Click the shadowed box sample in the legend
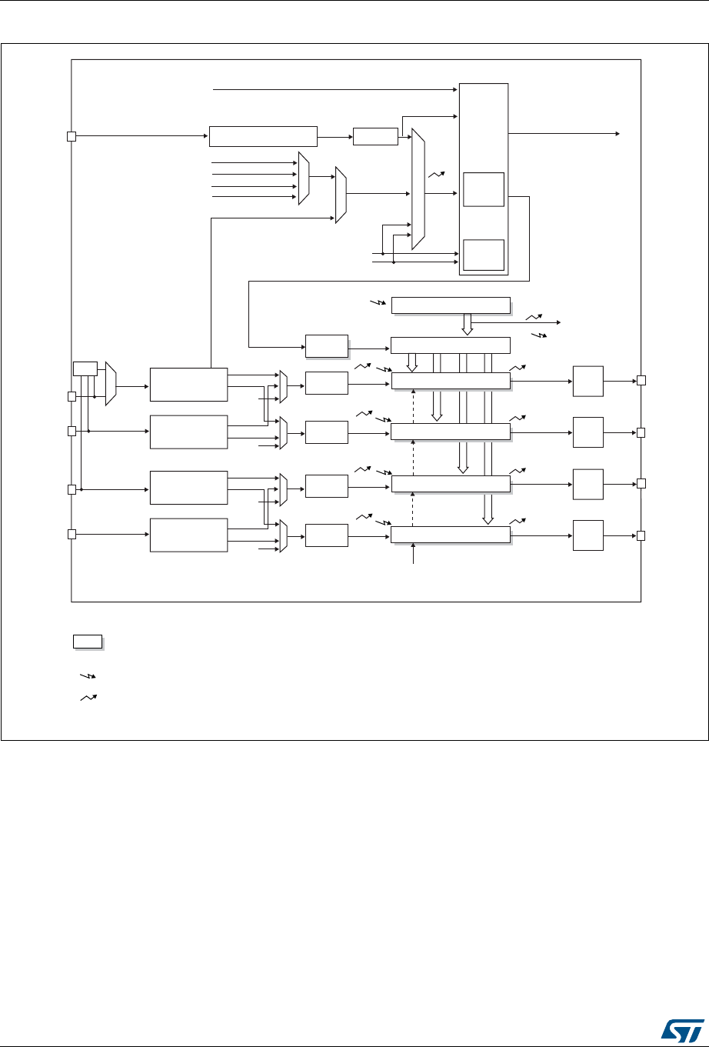pyautogui.click(x=87, y=641)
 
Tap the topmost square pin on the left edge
pyautogui.click(x=71, y=137)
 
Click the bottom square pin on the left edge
pyautogui.click(x=71, y=534)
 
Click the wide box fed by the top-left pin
pyautogui.click(x=263, y=135)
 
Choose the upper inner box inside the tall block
pyautogui.click(x=483, y=189)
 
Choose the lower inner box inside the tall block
pyautogui.click(x=483, y=255)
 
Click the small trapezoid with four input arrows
pyautogui.click(x=304, y=178)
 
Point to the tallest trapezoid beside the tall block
pyautogui.click(x=418, y=189)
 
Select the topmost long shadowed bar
pyautogui.click(x=450, y=305)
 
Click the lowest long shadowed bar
pyautogui.click(x=450, y=535)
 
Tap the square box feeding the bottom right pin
pyautogui.click(x=588, y=535)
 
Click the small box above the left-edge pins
pyautogui.click(x=84, y=368)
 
